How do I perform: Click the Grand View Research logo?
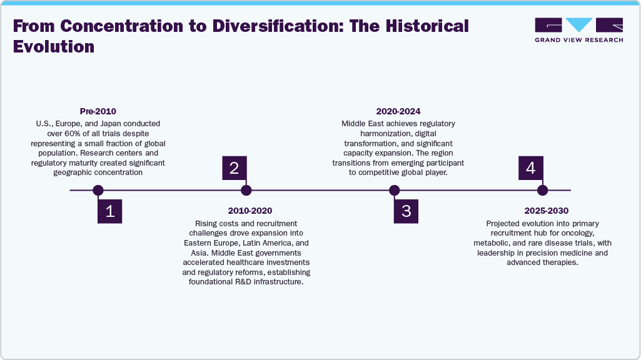point(578,30)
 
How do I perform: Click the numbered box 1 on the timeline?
point(109,211)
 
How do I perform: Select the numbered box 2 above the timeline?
point(234,168)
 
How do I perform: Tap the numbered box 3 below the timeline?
point(406,211)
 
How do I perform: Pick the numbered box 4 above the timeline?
point(530,168)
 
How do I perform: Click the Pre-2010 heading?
point(98,111)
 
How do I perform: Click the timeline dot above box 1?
point(98,190)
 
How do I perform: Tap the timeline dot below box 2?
point(246,190)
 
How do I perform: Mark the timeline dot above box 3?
point(394,190)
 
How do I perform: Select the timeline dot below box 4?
point(542,190)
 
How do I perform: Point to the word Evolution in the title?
point(53,46)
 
